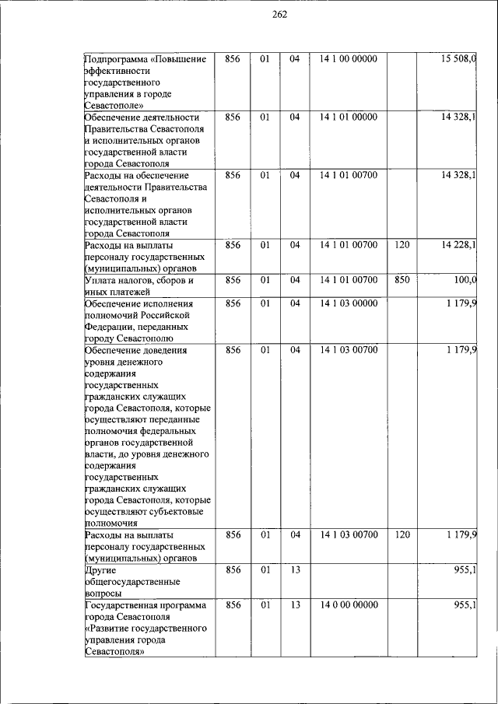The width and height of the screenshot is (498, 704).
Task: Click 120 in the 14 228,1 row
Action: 402,245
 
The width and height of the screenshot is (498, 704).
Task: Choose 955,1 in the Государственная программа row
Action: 465,604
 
